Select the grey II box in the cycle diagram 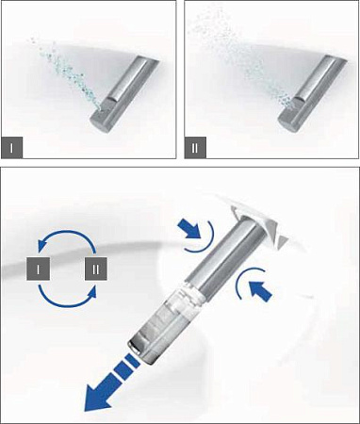[97, 269]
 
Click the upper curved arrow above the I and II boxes [64, 236]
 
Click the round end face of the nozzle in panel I [100, 120]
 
